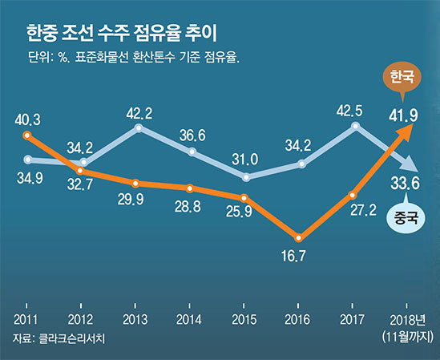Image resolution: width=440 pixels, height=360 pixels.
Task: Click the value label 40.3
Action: (28, 120)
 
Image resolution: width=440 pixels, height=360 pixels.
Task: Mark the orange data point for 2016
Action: (299, 237)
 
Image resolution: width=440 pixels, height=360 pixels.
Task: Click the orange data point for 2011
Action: (28, 136)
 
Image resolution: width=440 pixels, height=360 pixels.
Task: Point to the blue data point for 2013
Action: (139, 127)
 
